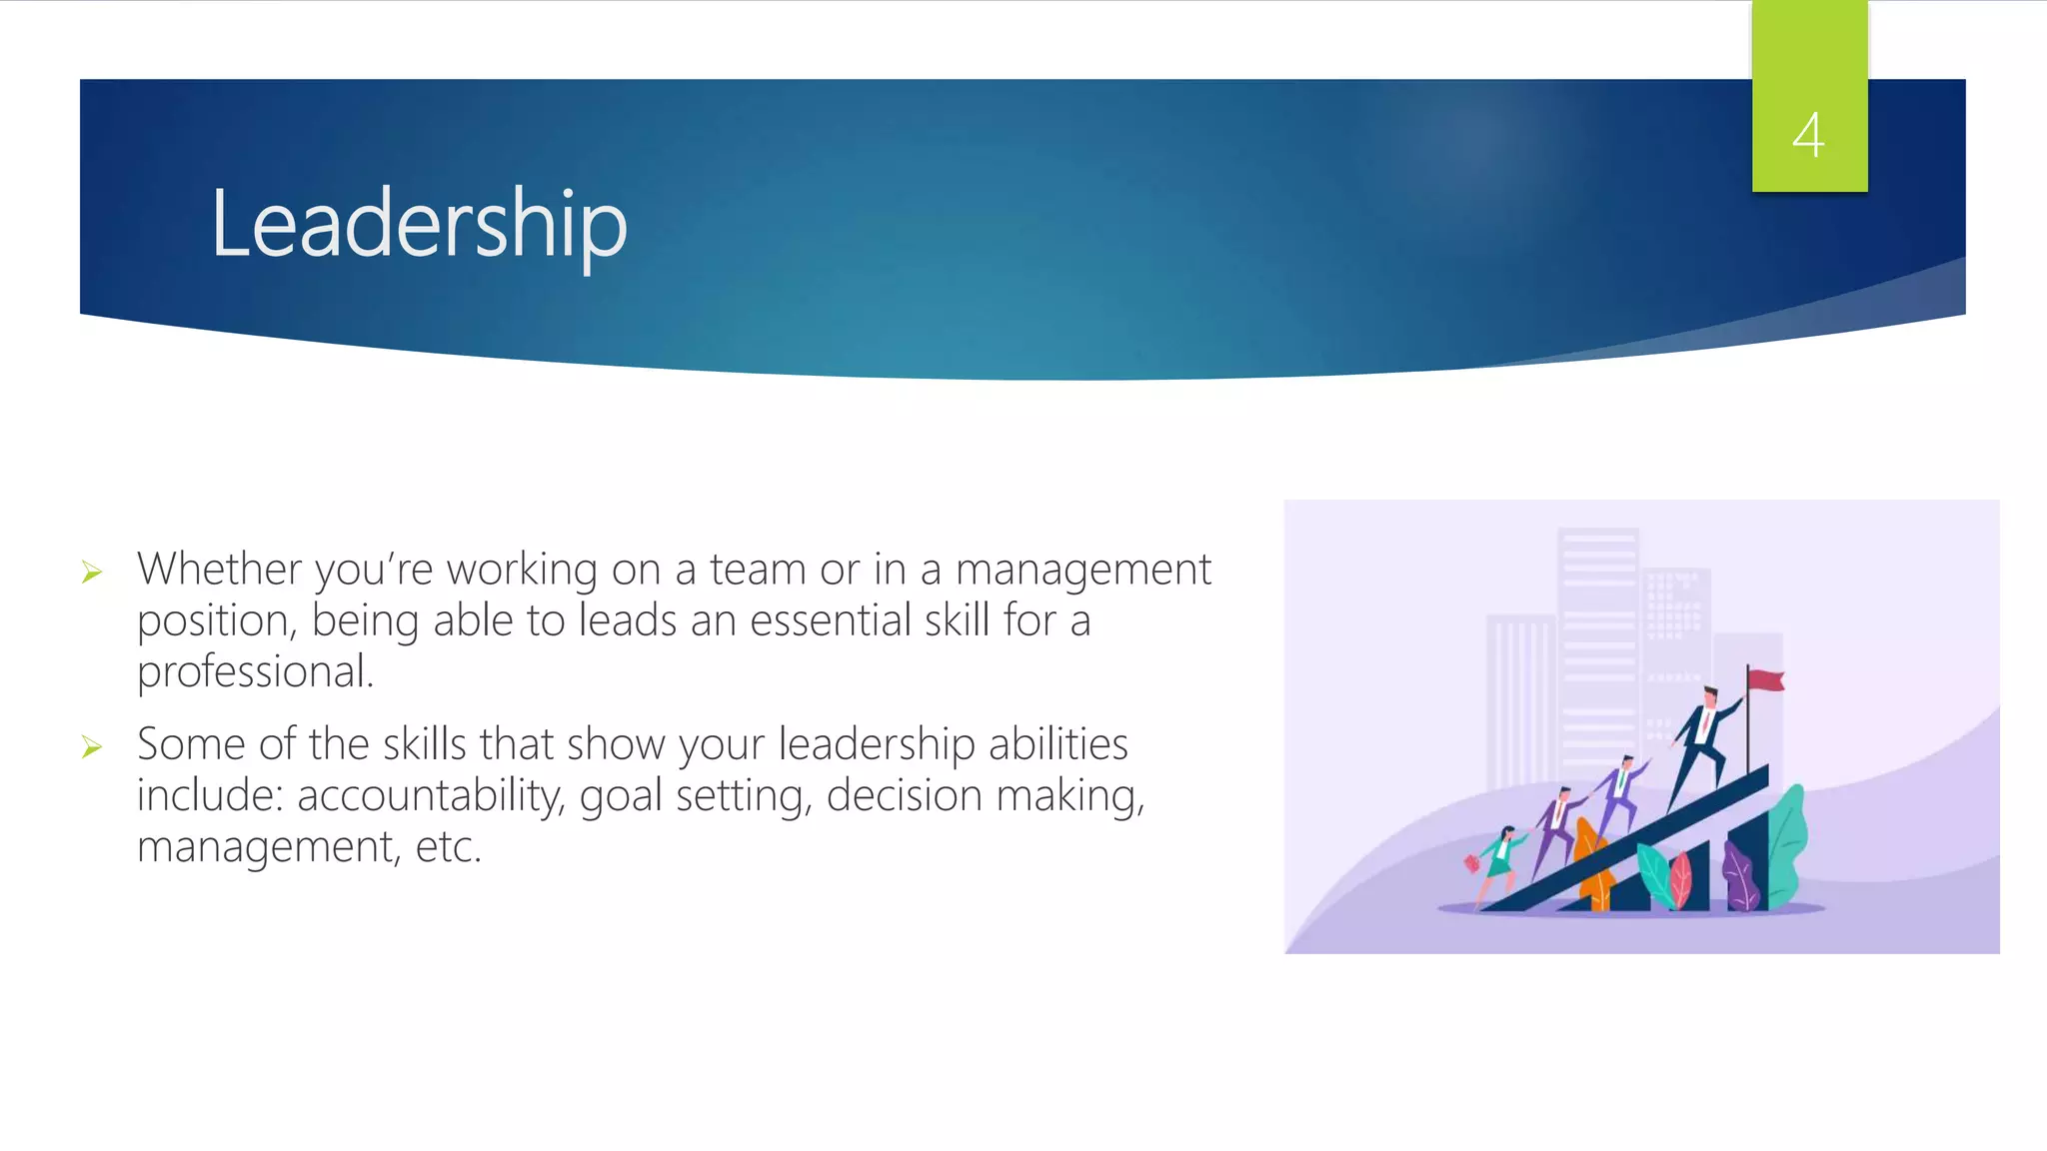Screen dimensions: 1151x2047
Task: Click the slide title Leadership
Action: click(419, 224)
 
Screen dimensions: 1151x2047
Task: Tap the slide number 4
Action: click(1808, 135)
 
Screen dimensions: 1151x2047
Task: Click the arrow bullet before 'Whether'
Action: click(92, 573)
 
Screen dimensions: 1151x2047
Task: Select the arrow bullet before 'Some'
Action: click(92, 747)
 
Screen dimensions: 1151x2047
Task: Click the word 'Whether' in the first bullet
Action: click(219, 570)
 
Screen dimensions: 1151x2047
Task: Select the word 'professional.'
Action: click(255, 672)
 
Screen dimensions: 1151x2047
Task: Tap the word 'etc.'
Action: click(449, 847)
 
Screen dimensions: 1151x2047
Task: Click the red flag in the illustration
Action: click(1767, 680)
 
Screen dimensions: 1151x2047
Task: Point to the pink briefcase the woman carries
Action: click(1472, 862)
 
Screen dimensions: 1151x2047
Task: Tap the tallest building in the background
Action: click(1598, 639)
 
